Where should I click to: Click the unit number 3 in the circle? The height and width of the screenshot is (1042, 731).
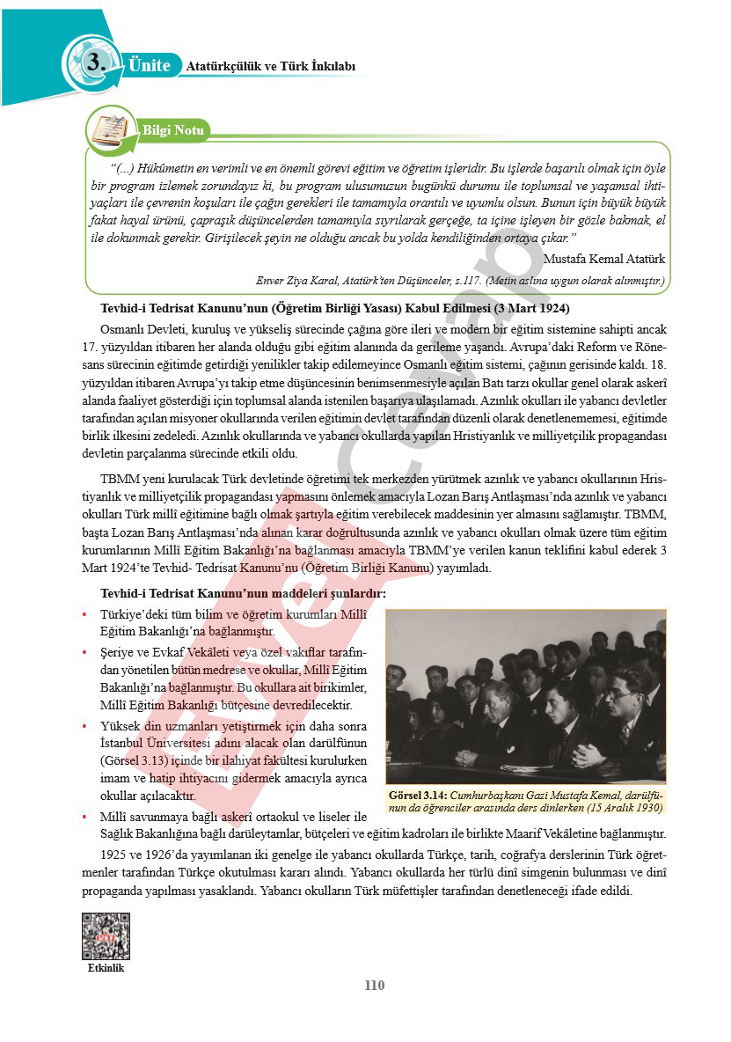(x=97, y=62)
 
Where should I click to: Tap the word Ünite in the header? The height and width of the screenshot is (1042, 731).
(x=149, y=64)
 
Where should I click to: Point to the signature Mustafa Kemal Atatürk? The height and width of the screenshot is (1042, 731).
(x=604, y=259)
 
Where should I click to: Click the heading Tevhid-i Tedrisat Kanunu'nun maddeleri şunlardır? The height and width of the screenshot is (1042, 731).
(x=243, y=594)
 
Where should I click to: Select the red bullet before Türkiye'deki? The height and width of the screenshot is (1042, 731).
(x=84, y=614)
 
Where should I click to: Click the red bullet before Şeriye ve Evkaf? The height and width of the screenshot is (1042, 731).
(x=84, y=652)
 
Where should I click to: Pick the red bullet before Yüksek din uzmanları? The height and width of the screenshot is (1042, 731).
(x=84, y=726)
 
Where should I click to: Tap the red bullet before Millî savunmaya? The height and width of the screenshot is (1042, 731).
(x=84, y=818)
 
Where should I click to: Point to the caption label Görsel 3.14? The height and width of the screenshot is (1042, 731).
(x=418, y=795)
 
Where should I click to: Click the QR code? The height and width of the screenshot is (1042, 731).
(x=106, y=935)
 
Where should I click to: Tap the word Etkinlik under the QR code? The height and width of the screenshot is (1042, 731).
(x=106, y=968)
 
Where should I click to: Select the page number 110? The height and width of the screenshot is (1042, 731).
(x=375, y=985)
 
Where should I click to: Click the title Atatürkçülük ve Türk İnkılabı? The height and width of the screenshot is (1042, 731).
(x=270, y=66)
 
